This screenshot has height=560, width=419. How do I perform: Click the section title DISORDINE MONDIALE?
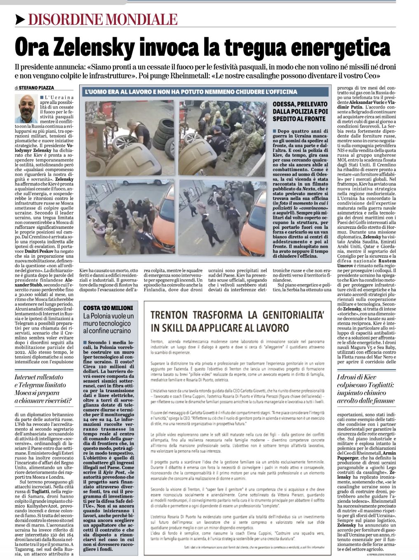coord(103,19)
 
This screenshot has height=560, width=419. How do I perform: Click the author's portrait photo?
coord(26,108)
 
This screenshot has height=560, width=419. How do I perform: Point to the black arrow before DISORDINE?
coord(20,19)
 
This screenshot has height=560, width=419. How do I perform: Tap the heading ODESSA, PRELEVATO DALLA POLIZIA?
coord(300,111)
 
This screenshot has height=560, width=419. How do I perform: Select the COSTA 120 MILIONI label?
coord(108,308)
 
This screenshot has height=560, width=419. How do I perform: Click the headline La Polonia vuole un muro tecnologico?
coord(108,323)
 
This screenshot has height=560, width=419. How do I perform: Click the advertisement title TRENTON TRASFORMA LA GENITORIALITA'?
coord(236,321)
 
